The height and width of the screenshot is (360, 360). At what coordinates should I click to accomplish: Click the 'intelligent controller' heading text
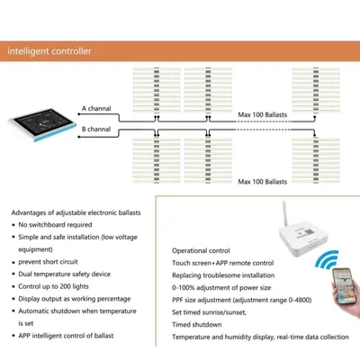click(x=49, y=51)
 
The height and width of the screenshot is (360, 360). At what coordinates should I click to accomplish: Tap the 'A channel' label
click(x=96, y=108)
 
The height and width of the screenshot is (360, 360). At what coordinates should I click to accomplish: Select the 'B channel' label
click(x=96, y=129)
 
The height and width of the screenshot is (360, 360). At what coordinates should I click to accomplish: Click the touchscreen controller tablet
click(x=42, y=124)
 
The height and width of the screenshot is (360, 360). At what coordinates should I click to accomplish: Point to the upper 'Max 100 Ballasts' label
click(x=263, y=114)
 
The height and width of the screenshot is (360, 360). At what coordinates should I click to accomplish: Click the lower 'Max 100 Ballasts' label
click(x=263, y=182)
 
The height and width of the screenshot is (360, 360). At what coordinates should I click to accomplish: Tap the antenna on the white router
click(x=284, y=213)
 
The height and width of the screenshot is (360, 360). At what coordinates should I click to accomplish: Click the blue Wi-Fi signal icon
click(x=327, y=259)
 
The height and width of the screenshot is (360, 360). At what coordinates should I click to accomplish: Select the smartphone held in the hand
click(x=346, y=286)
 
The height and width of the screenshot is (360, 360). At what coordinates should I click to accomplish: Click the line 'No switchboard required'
click(x=55, y=225)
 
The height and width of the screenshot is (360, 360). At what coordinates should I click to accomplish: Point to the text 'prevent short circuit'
click(x=48, y=262)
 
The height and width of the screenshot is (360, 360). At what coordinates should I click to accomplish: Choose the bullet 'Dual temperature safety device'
click(x=65, y=274)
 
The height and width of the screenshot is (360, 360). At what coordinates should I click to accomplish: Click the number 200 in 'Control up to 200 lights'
click(x=65, y=286)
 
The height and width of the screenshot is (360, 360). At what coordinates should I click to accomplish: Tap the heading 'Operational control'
click(x=201, y=250)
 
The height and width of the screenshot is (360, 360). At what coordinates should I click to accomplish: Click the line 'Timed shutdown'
click(x=197, y=324)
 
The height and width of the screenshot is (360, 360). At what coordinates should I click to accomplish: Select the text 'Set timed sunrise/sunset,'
click(x=209, y=312)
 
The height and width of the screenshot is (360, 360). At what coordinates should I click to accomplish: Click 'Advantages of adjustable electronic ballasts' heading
click(x=76, y=212)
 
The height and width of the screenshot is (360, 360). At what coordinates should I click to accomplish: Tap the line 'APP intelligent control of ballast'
click(x=66, y=336)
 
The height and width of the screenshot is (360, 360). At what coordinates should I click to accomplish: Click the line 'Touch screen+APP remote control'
click(x=223, y=263)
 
